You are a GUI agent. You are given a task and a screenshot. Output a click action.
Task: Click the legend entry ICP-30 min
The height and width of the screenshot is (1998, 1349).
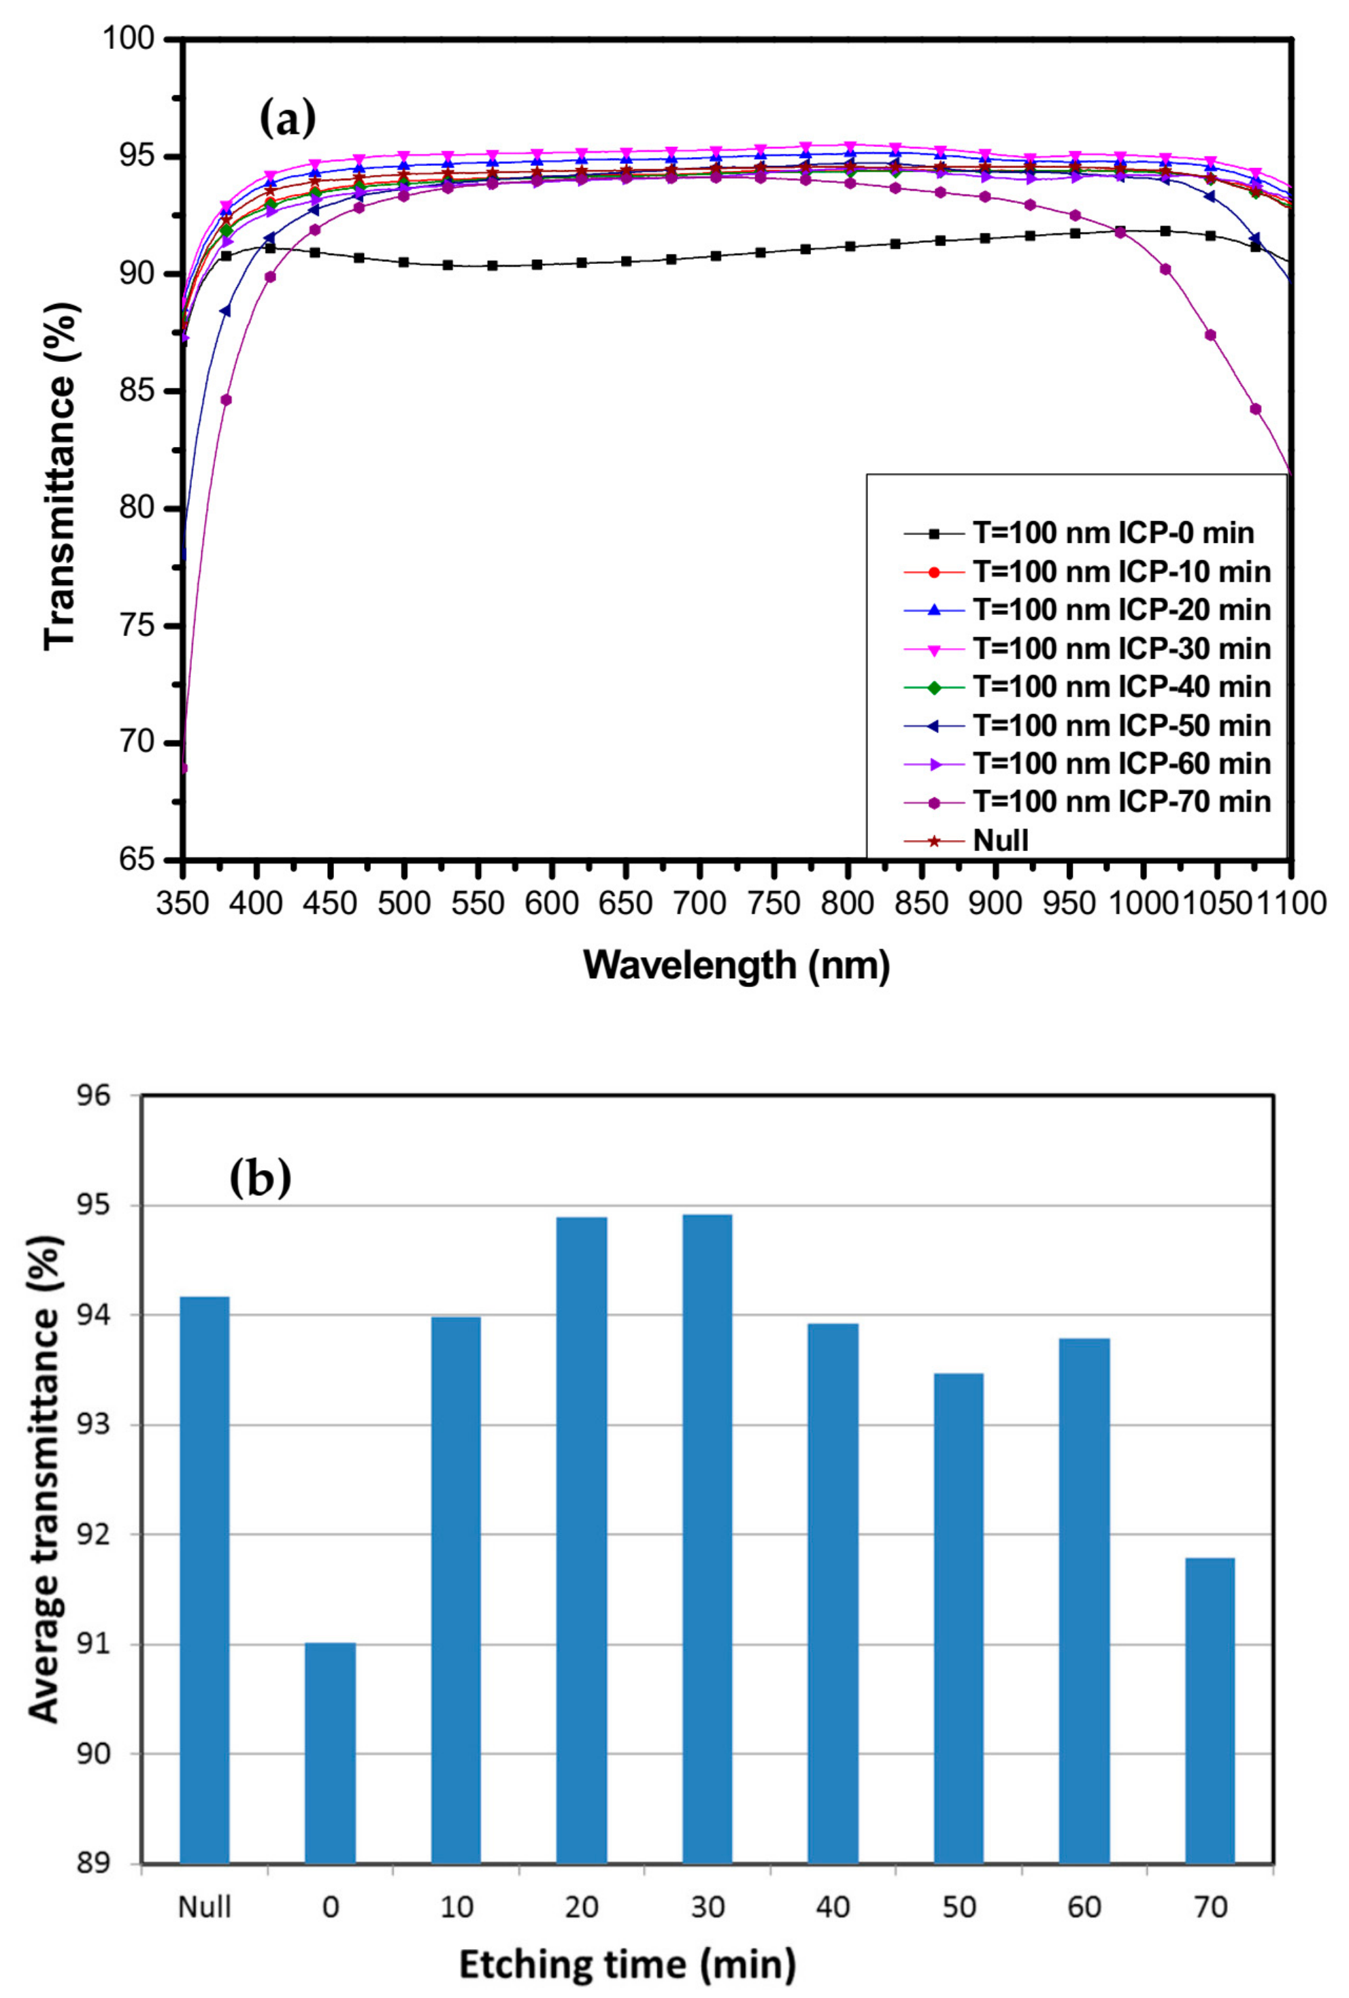(1121, 648)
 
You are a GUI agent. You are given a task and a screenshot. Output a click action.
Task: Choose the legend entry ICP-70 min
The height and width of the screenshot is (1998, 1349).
(1121, 801)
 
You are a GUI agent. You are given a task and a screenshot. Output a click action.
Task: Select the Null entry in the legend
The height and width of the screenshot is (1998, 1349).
(1000, 840)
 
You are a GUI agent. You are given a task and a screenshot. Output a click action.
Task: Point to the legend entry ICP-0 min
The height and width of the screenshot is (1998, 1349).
(1112, 533)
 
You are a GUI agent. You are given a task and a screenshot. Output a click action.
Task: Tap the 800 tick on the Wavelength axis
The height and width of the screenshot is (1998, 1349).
(847, 903)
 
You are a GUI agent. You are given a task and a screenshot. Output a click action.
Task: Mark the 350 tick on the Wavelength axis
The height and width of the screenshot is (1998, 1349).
(183, 903)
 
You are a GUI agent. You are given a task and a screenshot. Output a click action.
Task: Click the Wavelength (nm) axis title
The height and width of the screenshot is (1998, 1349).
(736, 965)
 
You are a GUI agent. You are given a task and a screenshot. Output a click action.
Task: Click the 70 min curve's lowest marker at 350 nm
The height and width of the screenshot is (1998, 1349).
(183, 768)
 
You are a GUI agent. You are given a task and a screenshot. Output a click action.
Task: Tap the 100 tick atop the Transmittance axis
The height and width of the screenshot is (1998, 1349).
(129, 39)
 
